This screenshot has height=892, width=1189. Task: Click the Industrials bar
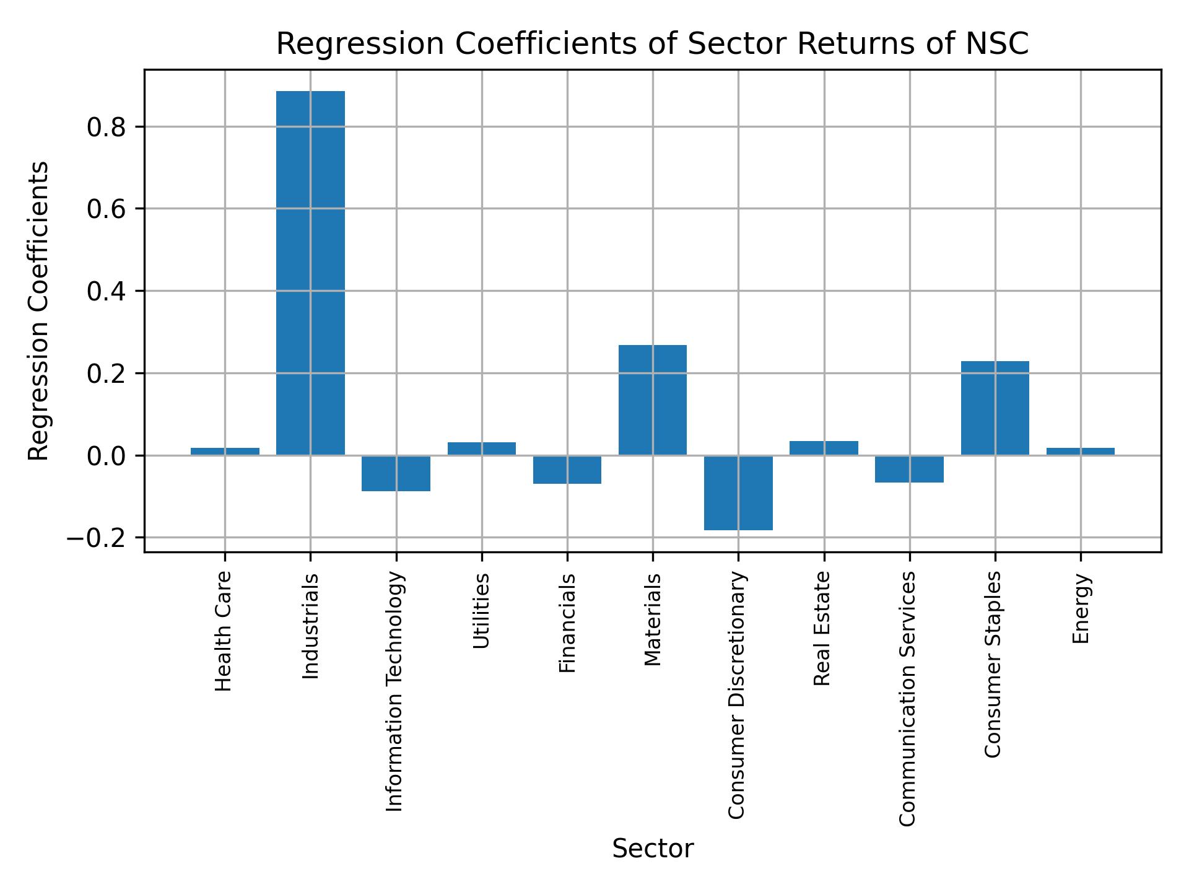point(310,273)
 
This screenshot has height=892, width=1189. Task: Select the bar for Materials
point(653,400)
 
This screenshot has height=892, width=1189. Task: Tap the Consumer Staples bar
point(995,408)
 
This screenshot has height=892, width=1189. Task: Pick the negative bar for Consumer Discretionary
point(738,492)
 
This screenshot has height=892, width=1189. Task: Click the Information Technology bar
point(396,473)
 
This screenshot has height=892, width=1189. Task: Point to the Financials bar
point(567,470)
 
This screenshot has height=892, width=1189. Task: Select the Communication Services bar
point(909,469)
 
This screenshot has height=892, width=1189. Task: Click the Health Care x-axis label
point(224,631)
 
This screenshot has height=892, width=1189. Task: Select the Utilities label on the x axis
point(481,611)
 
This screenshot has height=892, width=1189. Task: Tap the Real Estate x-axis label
point(822,628)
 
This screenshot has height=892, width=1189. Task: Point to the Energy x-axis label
point(1081,609)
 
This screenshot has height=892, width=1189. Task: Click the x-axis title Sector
point(653,849)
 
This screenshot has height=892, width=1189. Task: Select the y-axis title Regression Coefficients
point(39,311)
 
